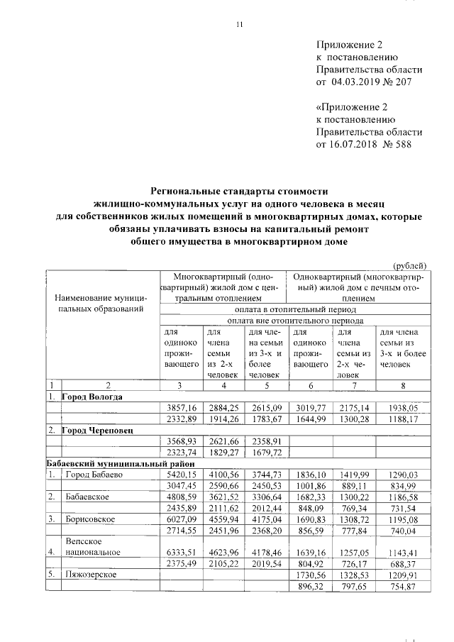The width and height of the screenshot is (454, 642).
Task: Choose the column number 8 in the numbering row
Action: tap(403, 385)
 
